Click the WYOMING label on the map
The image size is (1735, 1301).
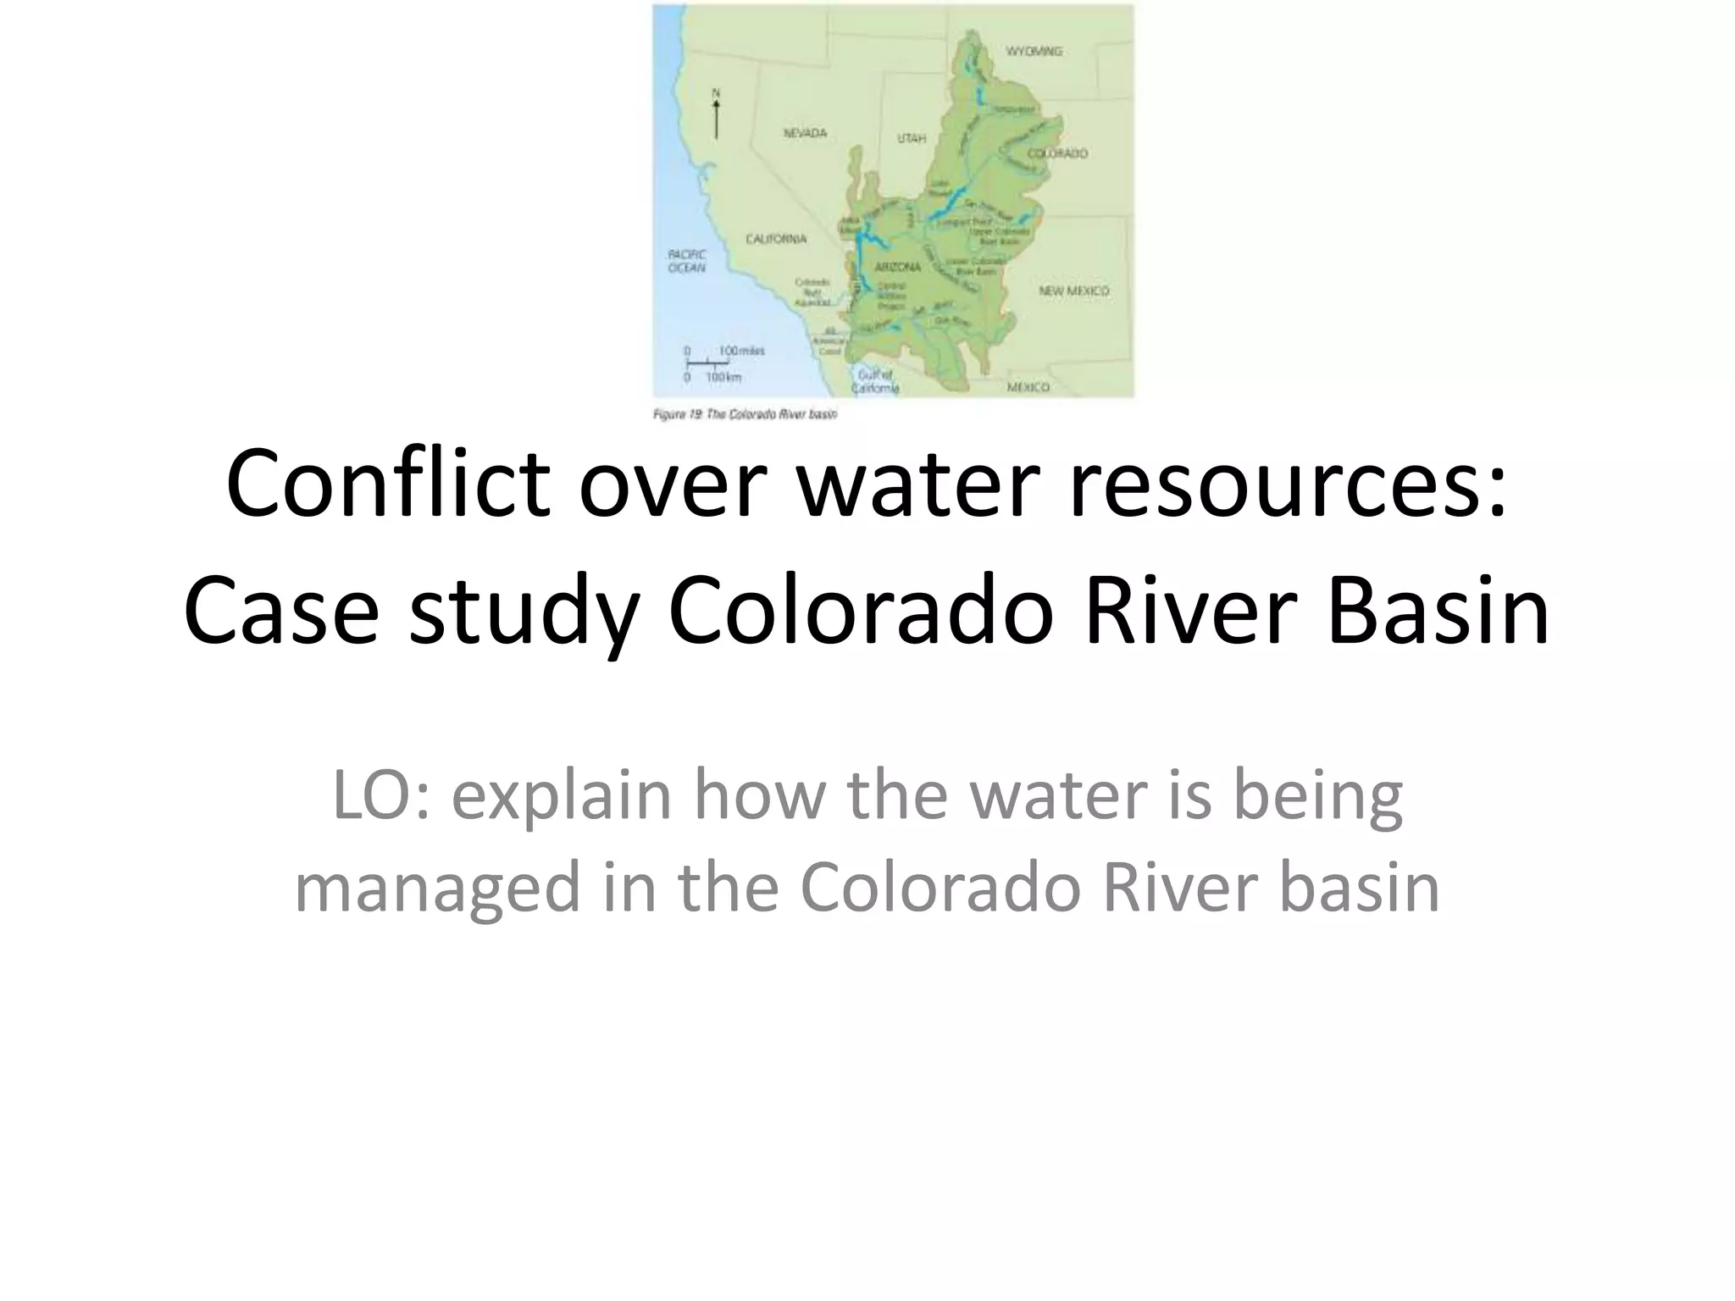(1033, 52)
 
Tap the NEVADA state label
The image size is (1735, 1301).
(804, 134)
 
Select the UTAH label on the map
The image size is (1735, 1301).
(912, 138)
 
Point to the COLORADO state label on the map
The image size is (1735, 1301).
(1057, 154)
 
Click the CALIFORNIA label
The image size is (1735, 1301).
(776, 240)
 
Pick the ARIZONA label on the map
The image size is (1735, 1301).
(897, 268)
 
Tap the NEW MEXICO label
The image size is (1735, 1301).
(1073, 291)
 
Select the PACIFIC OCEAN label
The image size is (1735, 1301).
(686, 261)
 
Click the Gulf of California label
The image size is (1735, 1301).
(875, 381)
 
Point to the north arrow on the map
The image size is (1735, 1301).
(716, 119)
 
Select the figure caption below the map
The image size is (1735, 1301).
(745, 415)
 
